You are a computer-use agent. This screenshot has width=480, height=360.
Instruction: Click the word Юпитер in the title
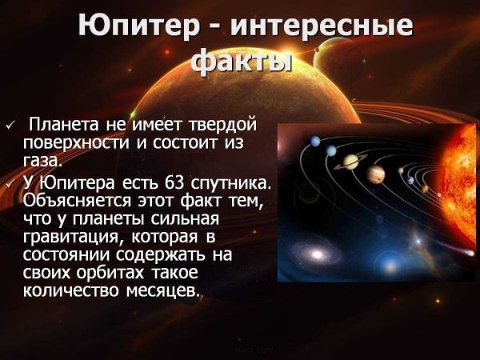tap(141, 26)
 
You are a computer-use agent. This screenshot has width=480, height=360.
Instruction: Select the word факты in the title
tap(241, 61)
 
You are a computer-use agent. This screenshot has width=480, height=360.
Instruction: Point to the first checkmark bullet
tap(10, 126)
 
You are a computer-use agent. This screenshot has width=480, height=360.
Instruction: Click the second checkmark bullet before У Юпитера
tap(10, 182)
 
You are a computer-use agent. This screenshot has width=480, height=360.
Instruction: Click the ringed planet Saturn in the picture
tap(350, 162)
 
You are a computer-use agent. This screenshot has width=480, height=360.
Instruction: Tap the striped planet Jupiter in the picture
tap(377, 174)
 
